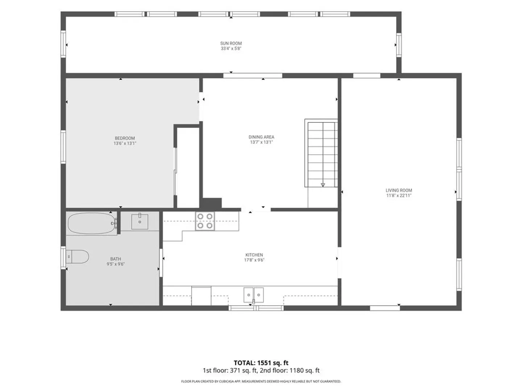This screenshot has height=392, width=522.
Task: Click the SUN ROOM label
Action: point(231,43)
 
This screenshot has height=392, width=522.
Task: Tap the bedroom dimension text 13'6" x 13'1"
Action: point(125,143)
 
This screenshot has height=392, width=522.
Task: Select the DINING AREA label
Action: point(261,137)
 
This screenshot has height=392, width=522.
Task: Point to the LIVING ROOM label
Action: point(399,191)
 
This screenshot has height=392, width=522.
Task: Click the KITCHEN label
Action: point(254,255)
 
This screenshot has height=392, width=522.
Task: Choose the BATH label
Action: point(116,259)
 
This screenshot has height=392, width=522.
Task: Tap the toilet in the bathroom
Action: point(77,257)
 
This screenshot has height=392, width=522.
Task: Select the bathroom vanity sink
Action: point(140,221)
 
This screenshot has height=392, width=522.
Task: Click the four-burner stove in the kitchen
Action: point(205,221)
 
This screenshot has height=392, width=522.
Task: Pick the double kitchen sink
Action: point(253,295)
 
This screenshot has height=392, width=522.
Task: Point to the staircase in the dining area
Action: point(321,154)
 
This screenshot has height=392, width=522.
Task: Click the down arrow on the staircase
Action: point(323,185)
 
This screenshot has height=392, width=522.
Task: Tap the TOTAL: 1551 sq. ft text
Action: point(261,363)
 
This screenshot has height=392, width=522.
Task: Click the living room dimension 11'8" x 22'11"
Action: point(399,196)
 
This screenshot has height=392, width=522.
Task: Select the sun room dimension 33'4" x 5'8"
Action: point(231,49)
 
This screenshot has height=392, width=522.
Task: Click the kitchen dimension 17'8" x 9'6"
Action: point(254,260)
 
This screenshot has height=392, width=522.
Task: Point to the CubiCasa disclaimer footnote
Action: point(261,381)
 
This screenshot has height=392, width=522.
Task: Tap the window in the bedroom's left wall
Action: point(63,147)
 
